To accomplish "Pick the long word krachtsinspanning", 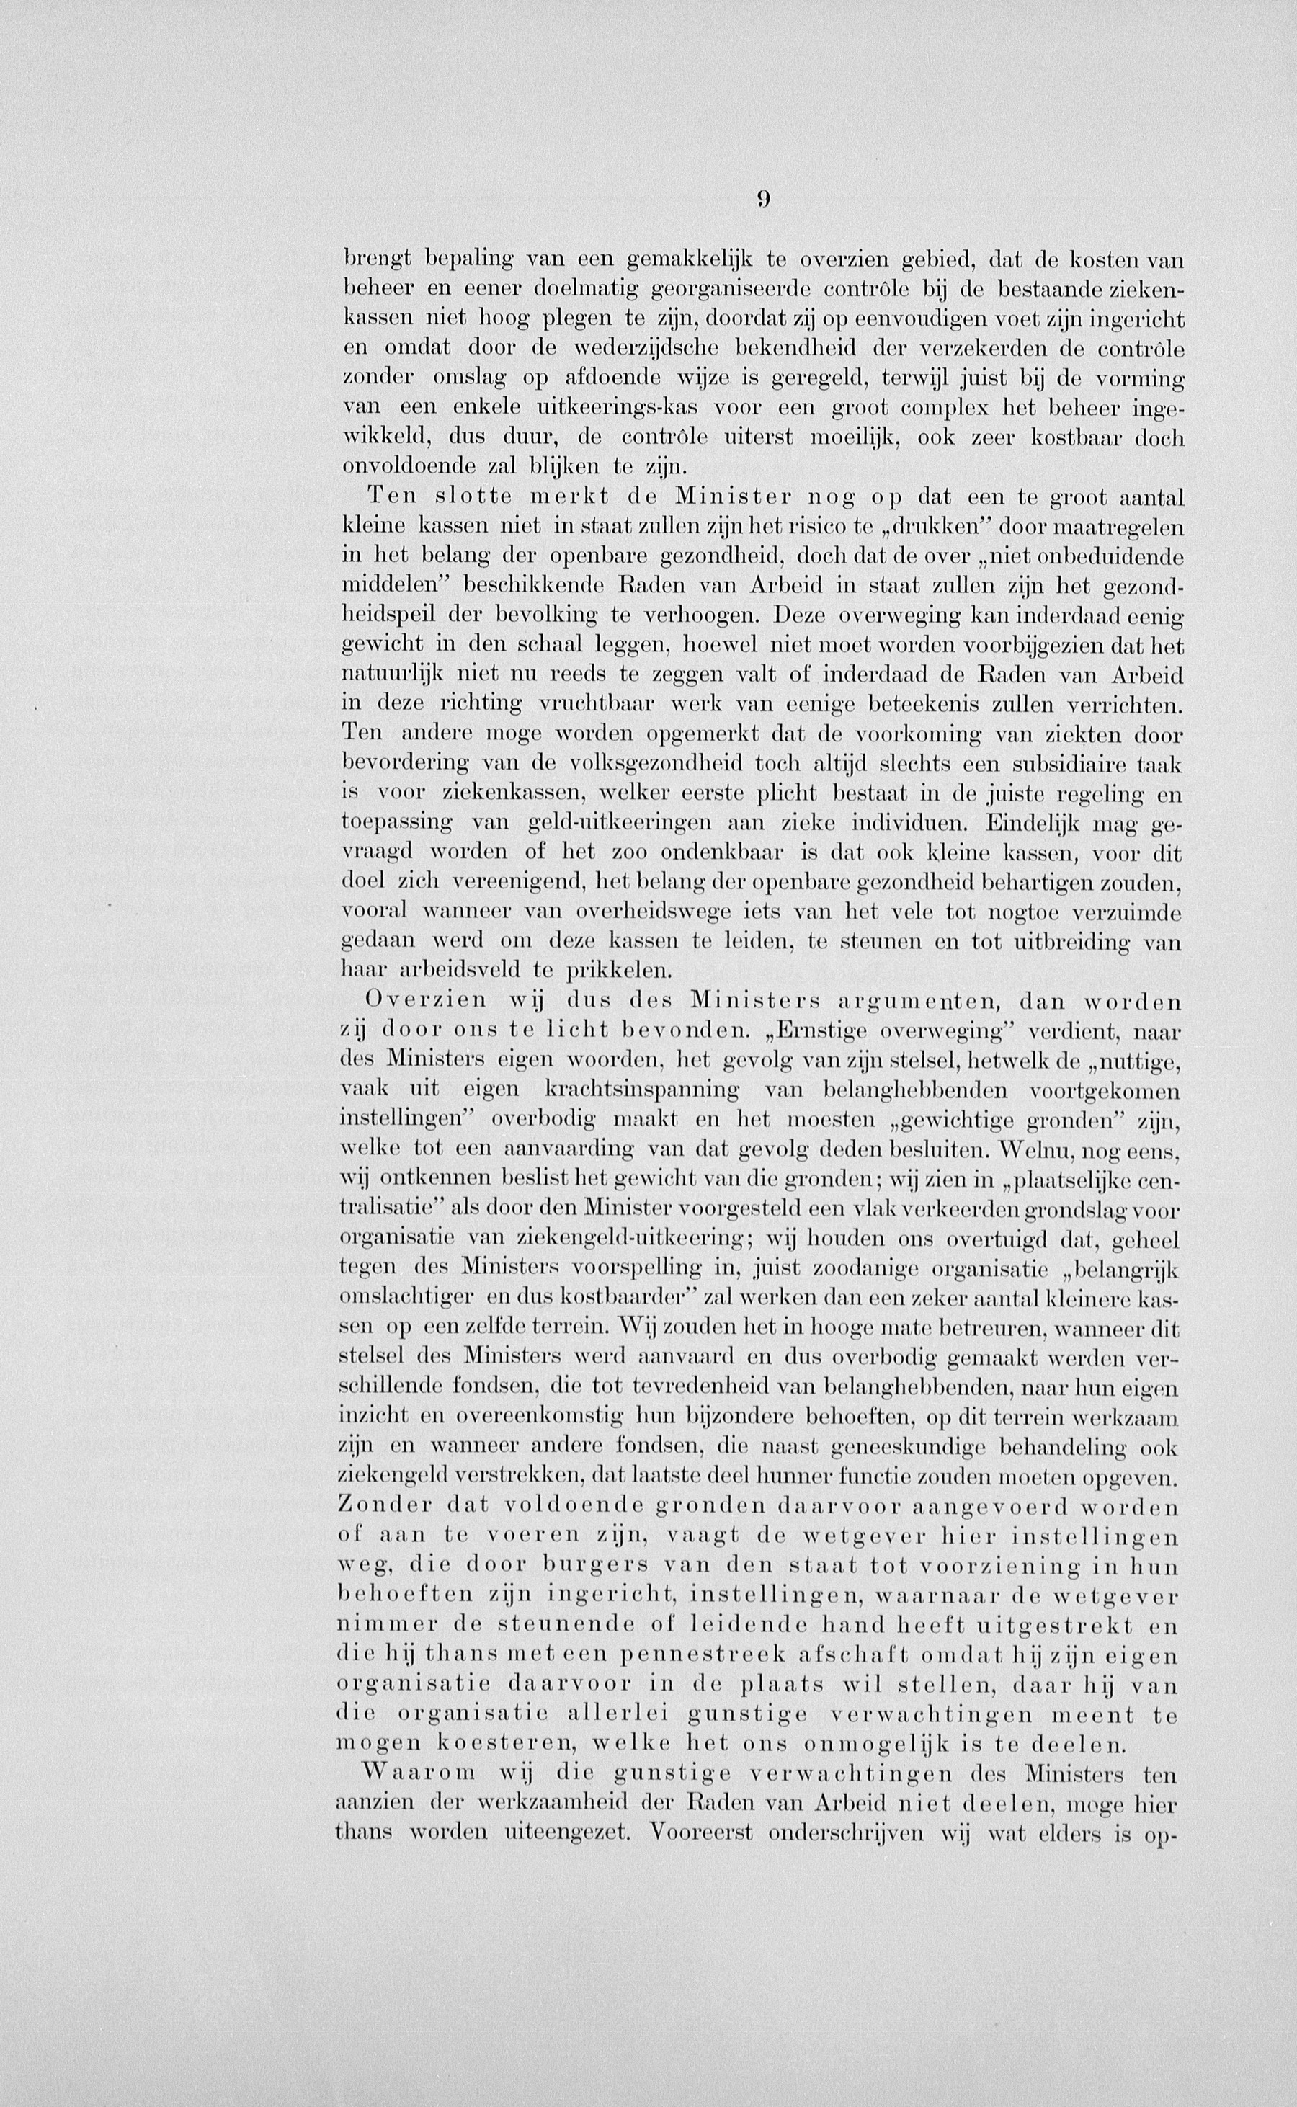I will (641, 1090).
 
